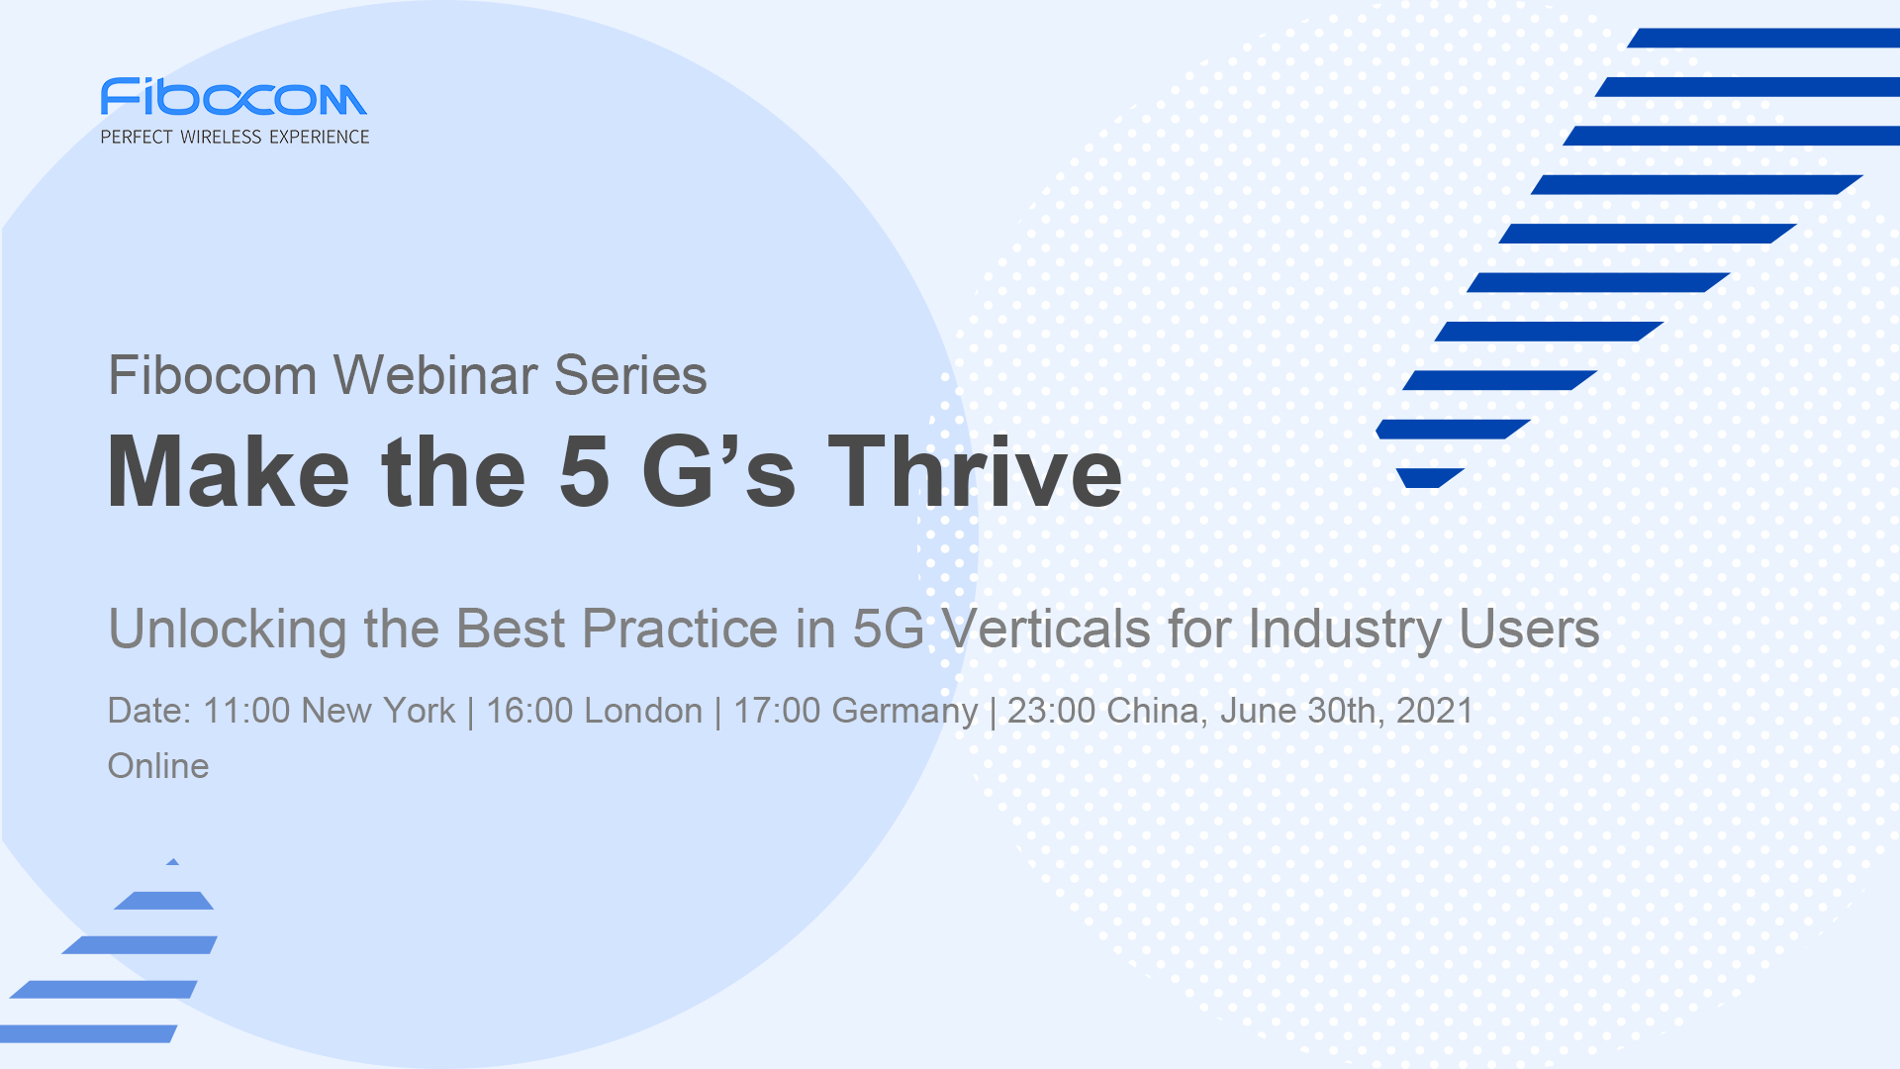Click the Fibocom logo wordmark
(x=234, y=97)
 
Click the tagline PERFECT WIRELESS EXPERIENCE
(x=235, y=137)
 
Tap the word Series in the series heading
(x=630, y=375)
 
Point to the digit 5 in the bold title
(x=584, y=472)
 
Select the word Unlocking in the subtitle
(x=227, y=630)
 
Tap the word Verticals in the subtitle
(x=1046, y=629)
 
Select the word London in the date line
(x=643, y=711)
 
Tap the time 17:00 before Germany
(x=777, y=711)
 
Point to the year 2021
(x=1435, y=711)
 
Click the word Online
(x=158, y=766)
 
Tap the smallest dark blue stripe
(x=1430, y=478)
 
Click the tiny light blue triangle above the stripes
(x=173, y=862)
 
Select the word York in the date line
(x=419, y=711)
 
